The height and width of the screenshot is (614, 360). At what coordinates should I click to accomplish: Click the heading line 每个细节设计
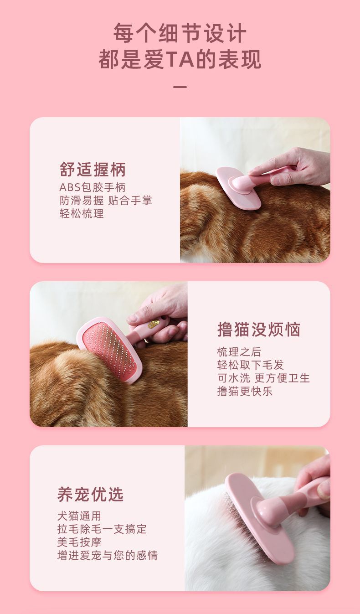(180, 33)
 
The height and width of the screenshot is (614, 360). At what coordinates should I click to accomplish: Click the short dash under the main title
(180, 87)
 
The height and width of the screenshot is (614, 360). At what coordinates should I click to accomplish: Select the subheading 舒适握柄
(93, 170)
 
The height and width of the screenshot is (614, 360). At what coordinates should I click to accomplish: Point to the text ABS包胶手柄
(93, 187)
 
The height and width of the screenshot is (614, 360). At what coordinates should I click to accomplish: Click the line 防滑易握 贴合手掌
(105, 201)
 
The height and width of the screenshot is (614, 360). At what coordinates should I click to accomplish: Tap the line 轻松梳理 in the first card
(82, 213)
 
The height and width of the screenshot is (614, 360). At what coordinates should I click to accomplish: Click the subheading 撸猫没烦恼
(259, 329)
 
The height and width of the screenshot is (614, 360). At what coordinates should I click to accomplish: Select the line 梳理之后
(239, 352)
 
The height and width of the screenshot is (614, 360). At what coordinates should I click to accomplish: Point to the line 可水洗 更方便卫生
(263, 378)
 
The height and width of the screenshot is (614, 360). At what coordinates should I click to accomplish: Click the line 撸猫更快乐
(245, 391)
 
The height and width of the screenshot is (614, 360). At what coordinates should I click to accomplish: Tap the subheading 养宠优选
(91, 495)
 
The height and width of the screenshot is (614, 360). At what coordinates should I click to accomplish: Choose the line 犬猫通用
(79, 516)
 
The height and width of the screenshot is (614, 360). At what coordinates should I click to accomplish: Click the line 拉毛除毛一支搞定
(102, 529)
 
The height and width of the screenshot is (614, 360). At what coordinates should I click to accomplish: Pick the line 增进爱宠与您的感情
(108, 556)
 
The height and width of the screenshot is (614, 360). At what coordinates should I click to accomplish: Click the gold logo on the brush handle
(154, 324)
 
